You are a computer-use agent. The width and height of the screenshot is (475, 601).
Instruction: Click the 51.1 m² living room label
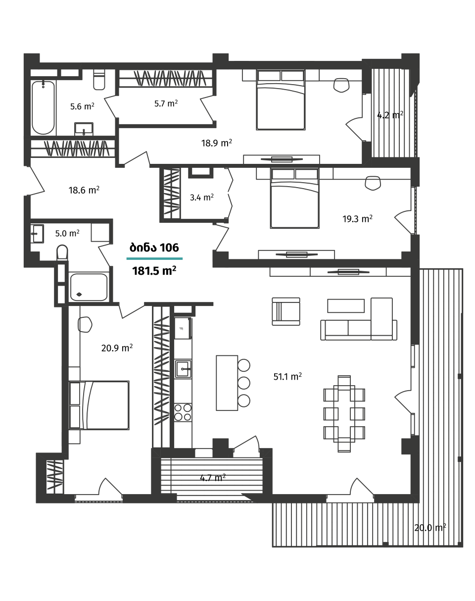click(287, 376)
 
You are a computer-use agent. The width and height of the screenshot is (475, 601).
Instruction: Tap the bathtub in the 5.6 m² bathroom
click(43, 107)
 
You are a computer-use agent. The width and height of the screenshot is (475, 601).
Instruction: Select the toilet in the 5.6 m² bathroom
click(99, 80)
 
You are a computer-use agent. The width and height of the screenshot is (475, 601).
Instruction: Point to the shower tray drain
click(79, 294)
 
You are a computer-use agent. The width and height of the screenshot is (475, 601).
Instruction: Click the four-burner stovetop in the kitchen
click(183, 412)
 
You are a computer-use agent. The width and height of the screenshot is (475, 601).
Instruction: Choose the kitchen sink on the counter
click(183, 369)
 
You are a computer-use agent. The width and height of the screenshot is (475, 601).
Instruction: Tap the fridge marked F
click(183, 328)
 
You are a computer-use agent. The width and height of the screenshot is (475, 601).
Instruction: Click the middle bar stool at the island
click(244, 383)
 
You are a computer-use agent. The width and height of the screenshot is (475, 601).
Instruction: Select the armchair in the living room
click(286, 311)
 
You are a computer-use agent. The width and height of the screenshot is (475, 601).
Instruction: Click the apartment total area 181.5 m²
click(154, 271)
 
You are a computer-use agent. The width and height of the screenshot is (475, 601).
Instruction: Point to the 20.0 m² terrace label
click(430, 528)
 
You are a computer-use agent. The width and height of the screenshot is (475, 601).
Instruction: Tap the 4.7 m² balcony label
click(213, 478)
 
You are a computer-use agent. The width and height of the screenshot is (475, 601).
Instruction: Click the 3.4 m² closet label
click(202, 198)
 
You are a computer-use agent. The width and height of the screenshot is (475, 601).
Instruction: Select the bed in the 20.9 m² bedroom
click(99, 405)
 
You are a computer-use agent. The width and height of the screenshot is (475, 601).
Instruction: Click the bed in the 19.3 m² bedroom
click(295, 198)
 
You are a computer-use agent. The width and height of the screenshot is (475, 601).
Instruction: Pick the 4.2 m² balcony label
click(390, 115)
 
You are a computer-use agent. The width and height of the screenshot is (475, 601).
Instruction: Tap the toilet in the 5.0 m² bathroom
click(62, 253)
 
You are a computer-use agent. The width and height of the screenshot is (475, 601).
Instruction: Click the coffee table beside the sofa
click(346, 306)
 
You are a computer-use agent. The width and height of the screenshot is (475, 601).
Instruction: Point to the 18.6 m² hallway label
click(84, 190)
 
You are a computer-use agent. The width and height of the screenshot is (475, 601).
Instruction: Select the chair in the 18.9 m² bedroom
click(341, 85)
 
